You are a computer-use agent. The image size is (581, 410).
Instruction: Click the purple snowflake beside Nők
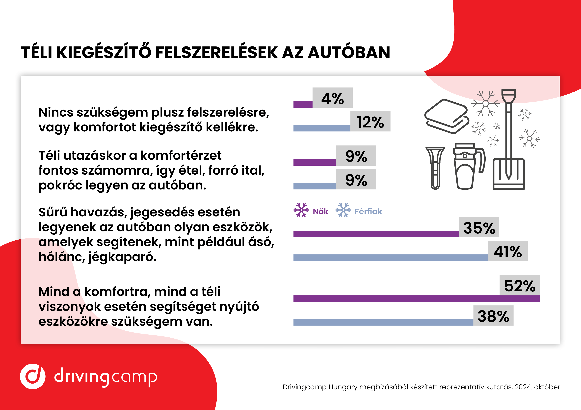pyautogui.click(x=301, y=210)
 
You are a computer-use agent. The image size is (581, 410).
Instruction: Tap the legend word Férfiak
pyautogui.click(x=368, y=211)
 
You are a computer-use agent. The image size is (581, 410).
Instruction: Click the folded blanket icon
pyautogui.click(x=447, y=116)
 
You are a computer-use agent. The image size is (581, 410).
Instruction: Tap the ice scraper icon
pyautogui.click(x=435, y=168)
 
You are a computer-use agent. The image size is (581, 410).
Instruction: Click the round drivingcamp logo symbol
pyautogui.click(x=33, y=376)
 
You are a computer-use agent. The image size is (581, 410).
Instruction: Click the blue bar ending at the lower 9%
pyautogui.click(x=315, y=186)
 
